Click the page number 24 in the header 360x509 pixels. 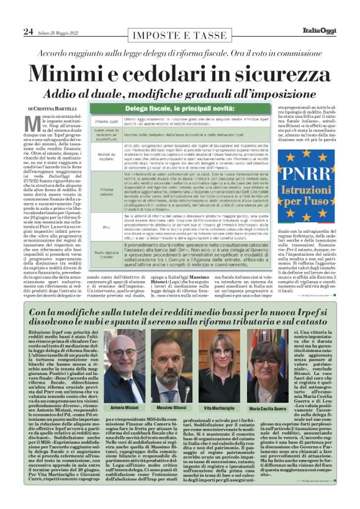tap(27, 32)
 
